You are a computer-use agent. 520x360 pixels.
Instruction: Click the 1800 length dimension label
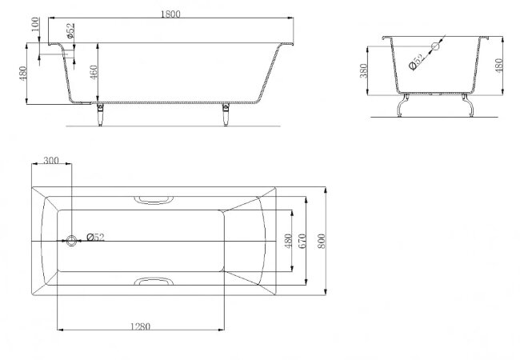(170, 14)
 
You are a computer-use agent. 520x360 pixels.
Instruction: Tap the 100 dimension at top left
(35, 24)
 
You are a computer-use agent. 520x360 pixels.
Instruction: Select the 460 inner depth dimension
(94, 72)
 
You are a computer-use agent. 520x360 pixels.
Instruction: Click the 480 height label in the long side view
(22, 74)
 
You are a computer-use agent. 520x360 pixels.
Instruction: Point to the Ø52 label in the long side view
(70, 31)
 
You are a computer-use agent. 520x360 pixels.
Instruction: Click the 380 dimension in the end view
(364, 70)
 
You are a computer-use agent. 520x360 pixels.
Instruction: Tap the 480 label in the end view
(498, 65)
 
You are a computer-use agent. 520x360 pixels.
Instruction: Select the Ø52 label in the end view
(417, 62)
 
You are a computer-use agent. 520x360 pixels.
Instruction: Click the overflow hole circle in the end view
(435, 46)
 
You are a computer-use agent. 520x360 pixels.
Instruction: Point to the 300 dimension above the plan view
(51, 161)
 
